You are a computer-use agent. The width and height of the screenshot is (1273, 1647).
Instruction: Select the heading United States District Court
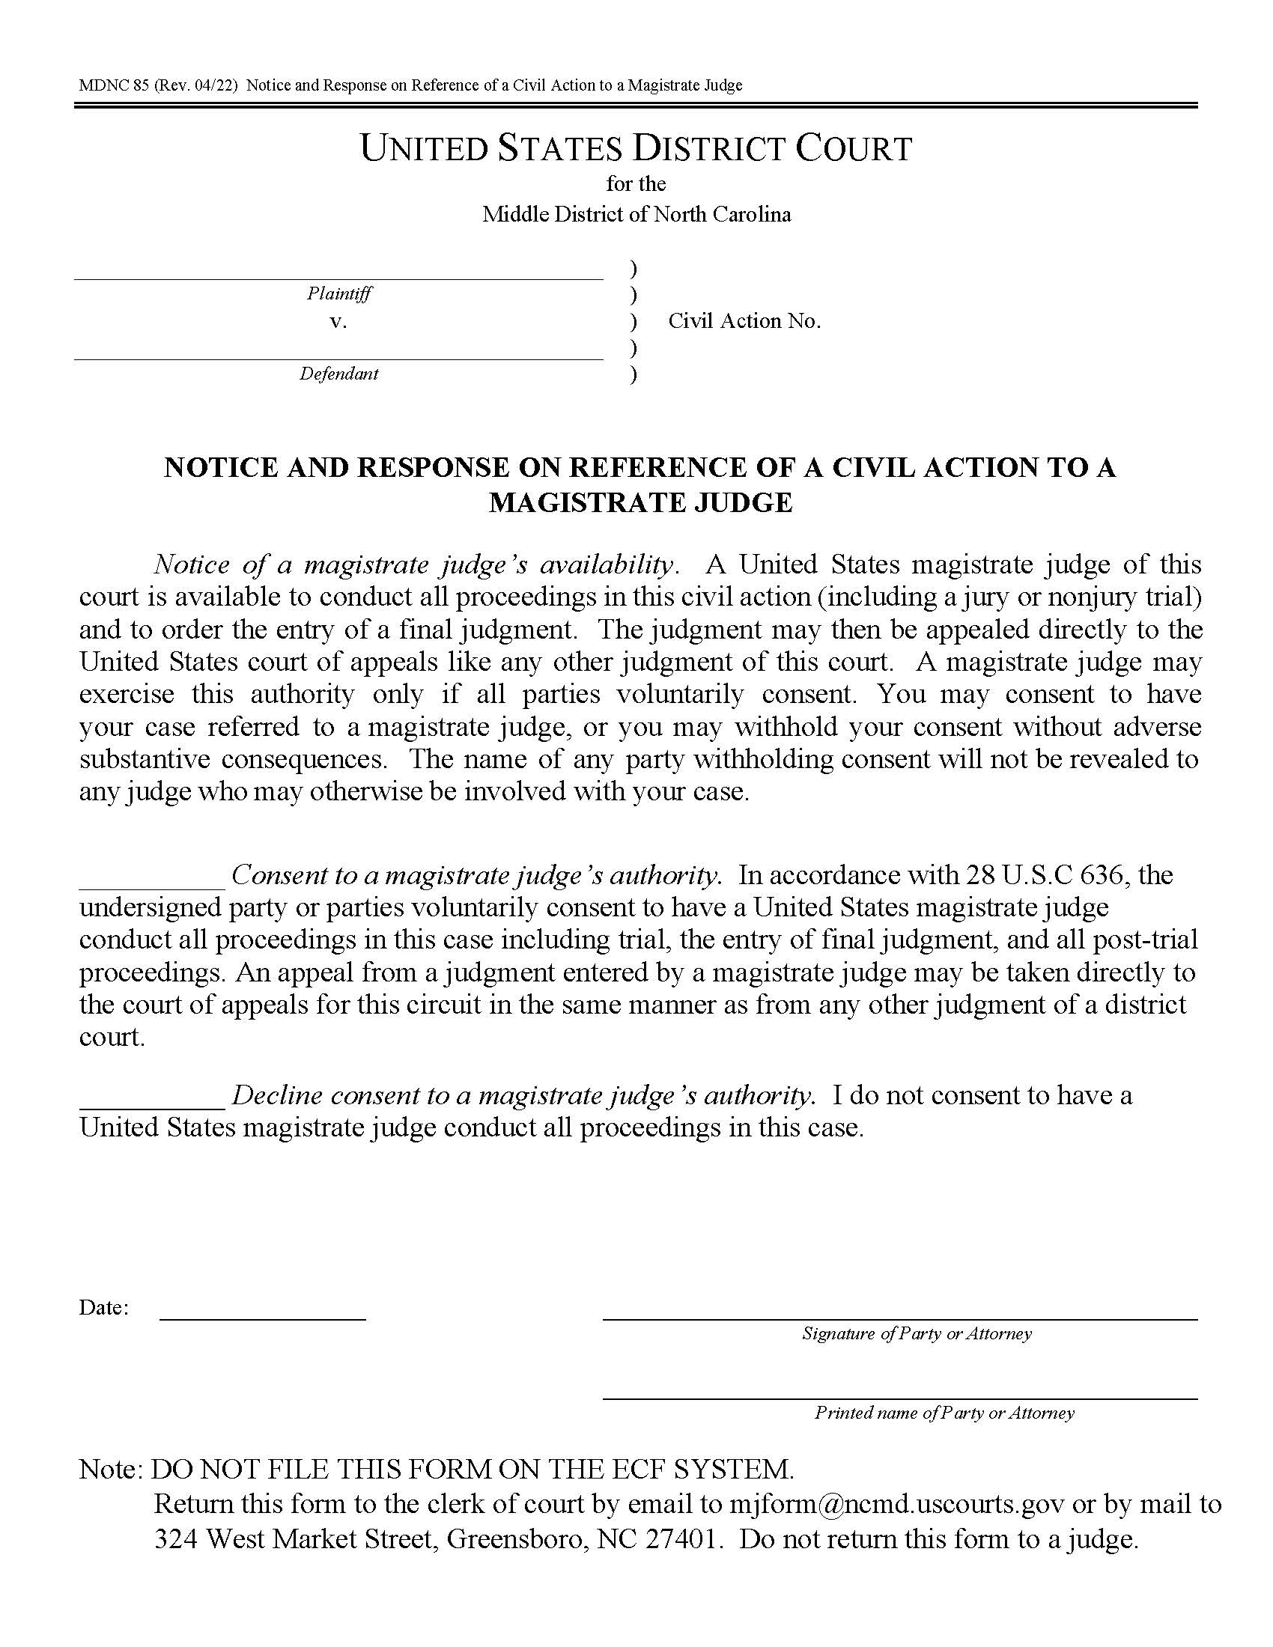(x=636, y=148)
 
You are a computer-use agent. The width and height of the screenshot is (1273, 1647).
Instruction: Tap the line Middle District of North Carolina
(x=636, y=215)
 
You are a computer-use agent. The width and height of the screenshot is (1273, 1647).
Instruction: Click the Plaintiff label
(x=338, y=293)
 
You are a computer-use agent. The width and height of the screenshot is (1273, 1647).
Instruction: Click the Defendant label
(x=338, y=374)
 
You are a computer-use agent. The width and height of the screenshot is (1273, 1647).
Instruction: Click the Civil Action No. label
(x=744, y=321)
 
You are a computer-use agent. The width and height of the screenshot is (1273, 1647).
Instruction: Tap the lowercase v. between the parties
(x=338, y=322)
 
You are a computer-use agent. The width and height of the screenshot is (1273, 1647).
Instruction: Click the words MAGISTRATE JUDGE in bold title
(x=640, y=503)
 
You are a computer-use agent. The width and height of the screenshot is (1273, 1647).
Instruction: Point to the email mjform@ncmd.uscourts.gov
(x=896, y=1505)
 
